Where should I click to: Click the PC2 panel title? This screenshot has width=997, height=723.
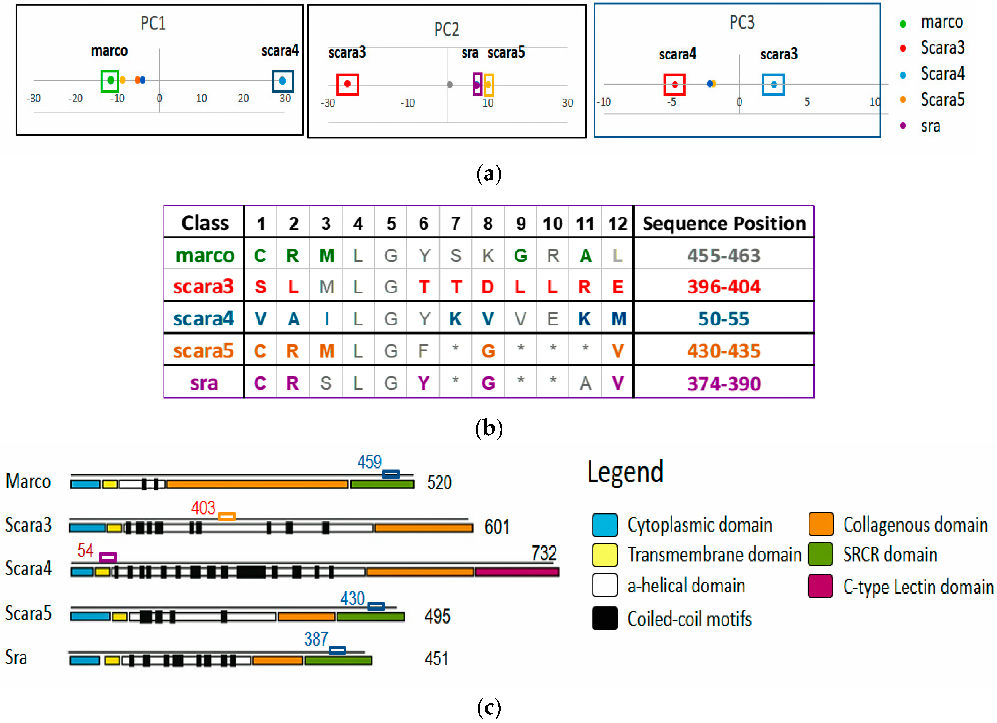coord(446,29)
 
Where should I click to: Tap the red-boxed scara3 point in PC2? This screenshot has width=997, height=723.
coord(347,84)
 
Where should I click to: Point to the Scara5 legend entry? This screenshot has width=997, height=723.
coord(942,100)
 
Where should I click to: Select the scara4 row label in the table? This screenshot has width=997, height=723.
coord(204,319)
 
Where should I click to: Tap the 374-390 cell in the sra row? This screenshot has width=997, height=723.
coord(723,384)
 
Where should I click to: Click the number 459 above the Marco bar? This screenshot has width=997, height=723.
coord(369,462)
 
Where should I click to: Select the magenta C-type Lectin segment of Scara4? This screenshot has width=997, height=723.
coord(517,572)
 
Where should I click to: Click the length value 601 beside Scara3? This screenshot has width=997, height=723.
coord(497,527)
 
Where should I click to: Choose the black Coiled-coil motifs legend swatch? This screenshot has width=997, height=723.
coord(605,618)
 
